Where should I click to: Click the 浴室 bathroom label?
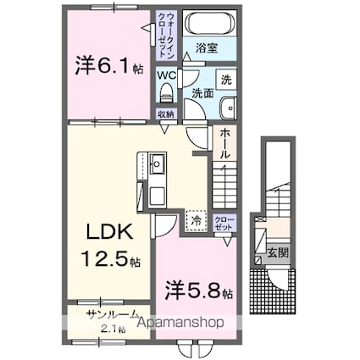205,49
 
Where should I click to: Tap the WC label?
166,75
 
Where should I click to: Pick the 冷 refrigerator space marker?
197,220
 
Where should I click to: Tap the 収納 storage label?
166,113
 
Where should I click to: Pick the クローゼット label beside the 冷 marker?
226,223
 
